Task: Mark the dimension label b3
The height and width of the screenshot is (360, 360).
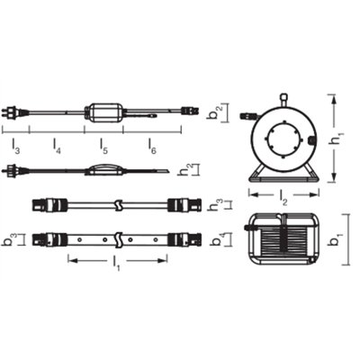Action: (x=8, y=240)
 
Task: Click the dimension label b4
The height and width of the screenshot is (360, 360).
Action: (x=224, y=240)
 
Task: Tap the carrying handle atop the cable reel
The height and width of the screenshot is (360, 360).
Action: (x=283, y=96)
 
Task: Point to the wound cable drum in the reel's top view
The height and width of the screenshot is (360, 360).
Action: (x=283, y=242)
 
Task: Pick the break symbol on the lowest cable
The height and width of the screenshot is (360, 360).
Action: (x=118, y=240)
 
